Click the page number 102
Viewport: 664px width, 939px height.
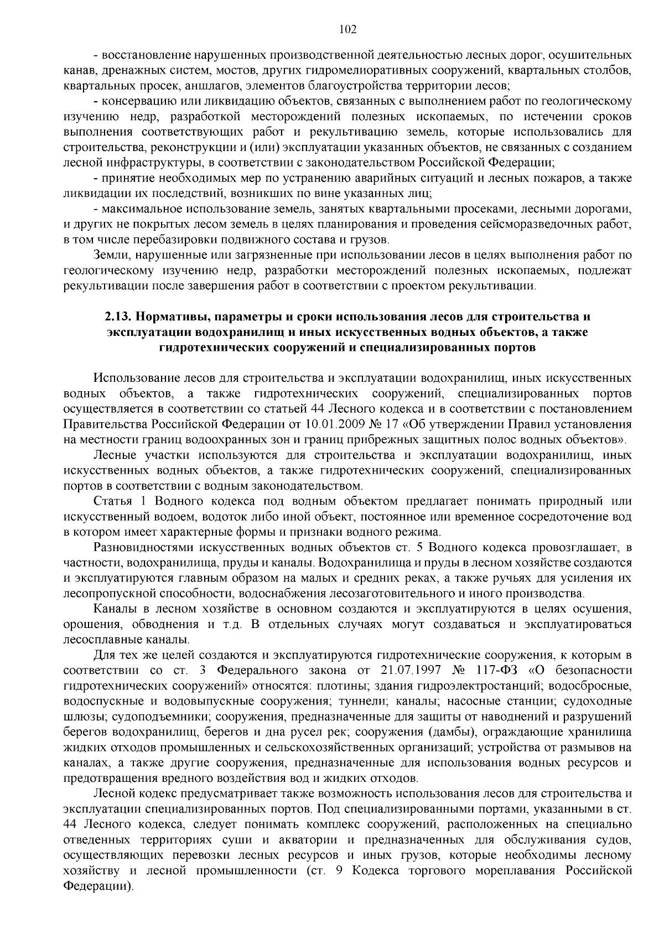347,29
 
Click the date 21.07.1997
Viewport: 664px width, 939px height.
411,671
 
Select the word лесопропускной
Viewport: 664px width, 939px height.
110,594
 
